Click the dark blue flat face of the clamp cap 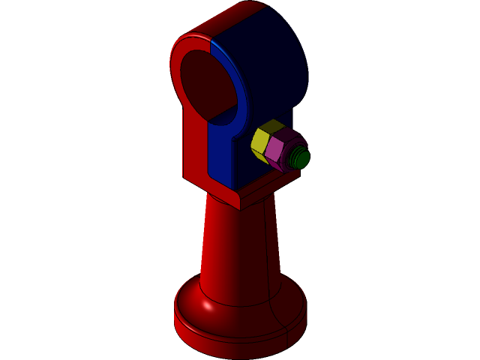270,67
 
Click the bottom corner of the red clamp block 238,203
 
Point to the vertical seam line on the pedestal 268,247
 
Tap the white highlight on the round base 207,305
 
